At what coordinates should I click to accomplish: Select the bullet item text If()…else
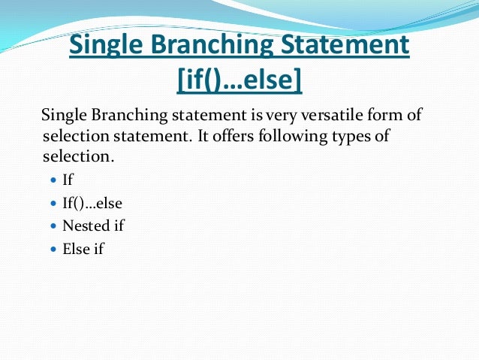click(92, 203)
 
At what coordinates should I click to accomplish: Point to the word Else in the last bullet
click(75, 248)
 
